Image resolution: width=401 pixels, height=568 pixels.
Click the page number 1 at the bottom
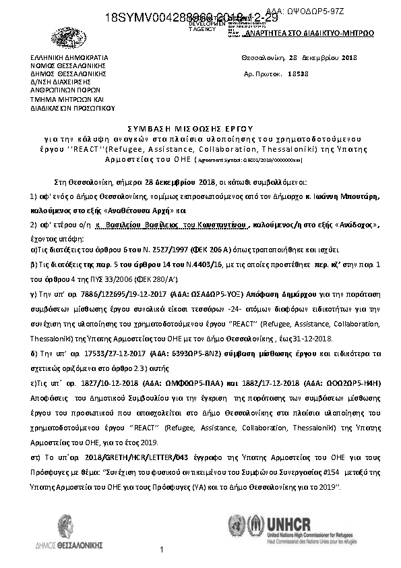(162, 551)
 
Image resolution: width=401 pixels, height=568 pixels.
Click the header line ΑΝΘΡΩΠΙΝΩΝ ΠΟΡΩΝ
(66, 90)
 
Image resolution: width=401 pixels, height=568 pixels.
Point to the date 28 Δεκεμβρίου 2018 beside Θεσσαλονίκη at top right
(323, 58)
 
